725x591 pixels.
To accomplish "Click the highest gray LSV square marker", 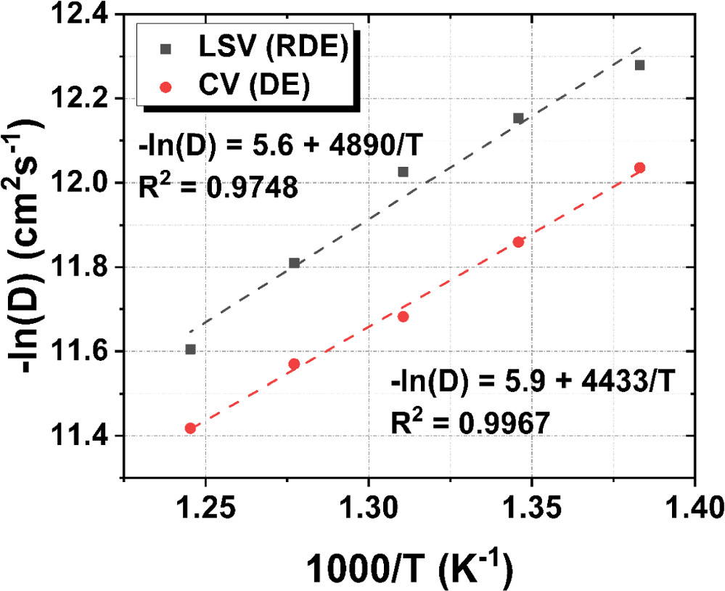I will (x=639, y=65).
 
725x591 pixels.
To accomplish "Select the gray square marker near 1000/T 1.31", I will (x=403, y=172).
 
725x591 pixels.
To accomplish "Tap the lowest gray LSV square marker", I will (x=191, y=349).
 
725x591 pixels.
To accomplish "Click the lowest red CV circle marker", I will (x=191, y=428).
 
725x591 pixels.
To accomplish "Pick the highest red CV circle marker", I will (x=639, y=168).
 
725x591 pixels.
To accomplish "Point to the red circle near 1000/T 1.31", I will (x=403, y=317).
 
